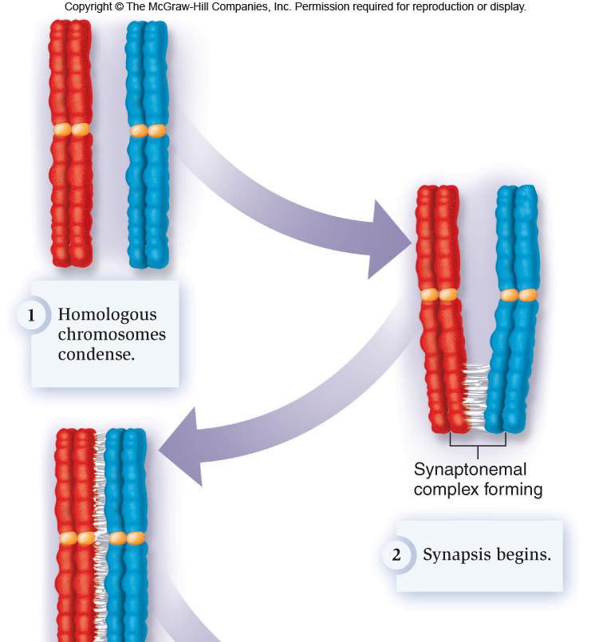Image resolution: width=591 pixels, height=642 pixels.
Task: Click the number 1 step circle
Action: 32,315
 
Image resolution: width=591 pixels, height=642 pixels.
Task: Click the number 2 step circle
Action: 396,555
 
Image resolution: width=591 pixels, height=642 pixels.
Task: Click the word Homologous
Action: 107,314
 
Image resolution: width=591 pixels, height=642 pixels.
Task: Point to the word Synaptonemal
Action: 470,470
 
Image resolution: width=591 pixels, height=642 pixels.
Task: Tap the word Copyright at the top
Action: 90,7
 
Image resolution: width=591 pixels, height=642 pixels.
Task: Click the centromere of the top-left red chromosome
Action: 71,129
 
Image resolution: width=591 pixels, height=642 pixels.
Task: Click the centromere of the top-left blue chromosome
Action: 148,130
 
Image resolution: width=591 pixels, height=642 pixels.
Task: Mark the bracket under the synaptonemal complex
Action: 478,440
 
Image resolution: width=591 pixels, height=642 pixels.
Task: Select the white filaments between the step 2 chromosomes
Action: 475,395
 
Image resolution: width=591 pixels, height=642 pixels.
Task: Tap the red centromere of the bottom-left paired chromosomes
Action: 77,538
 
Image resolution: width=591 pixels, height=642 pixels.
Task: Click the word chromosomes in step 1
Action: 112,334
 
